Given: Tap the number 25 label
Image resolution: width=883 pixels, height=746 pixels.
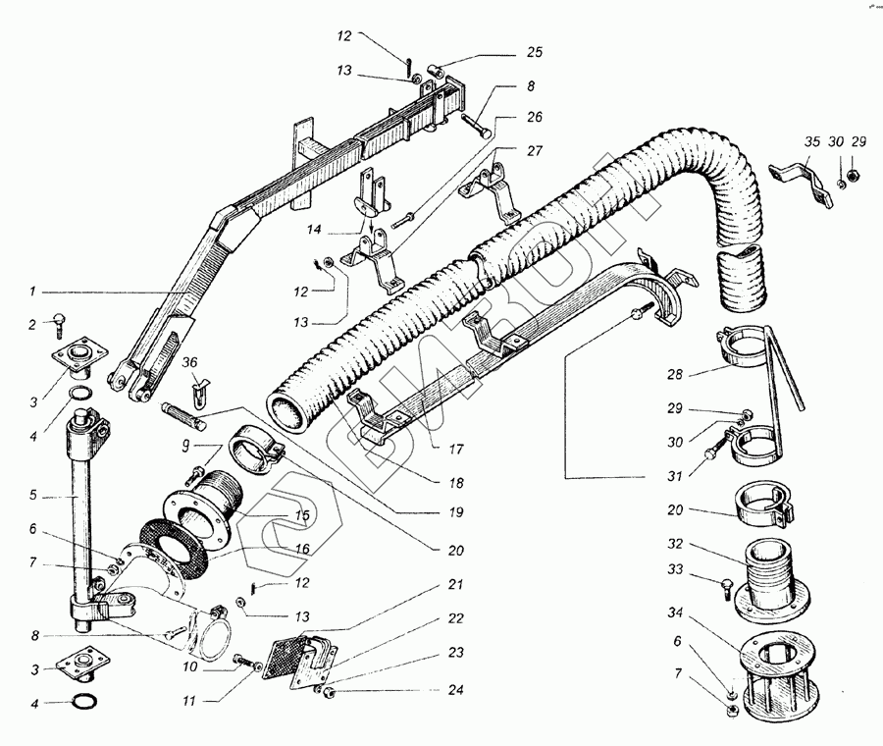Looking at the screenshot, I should coord(534,51).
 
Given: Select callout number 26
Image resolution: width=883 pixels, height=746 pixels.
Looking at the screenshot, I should coord(534,118).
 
